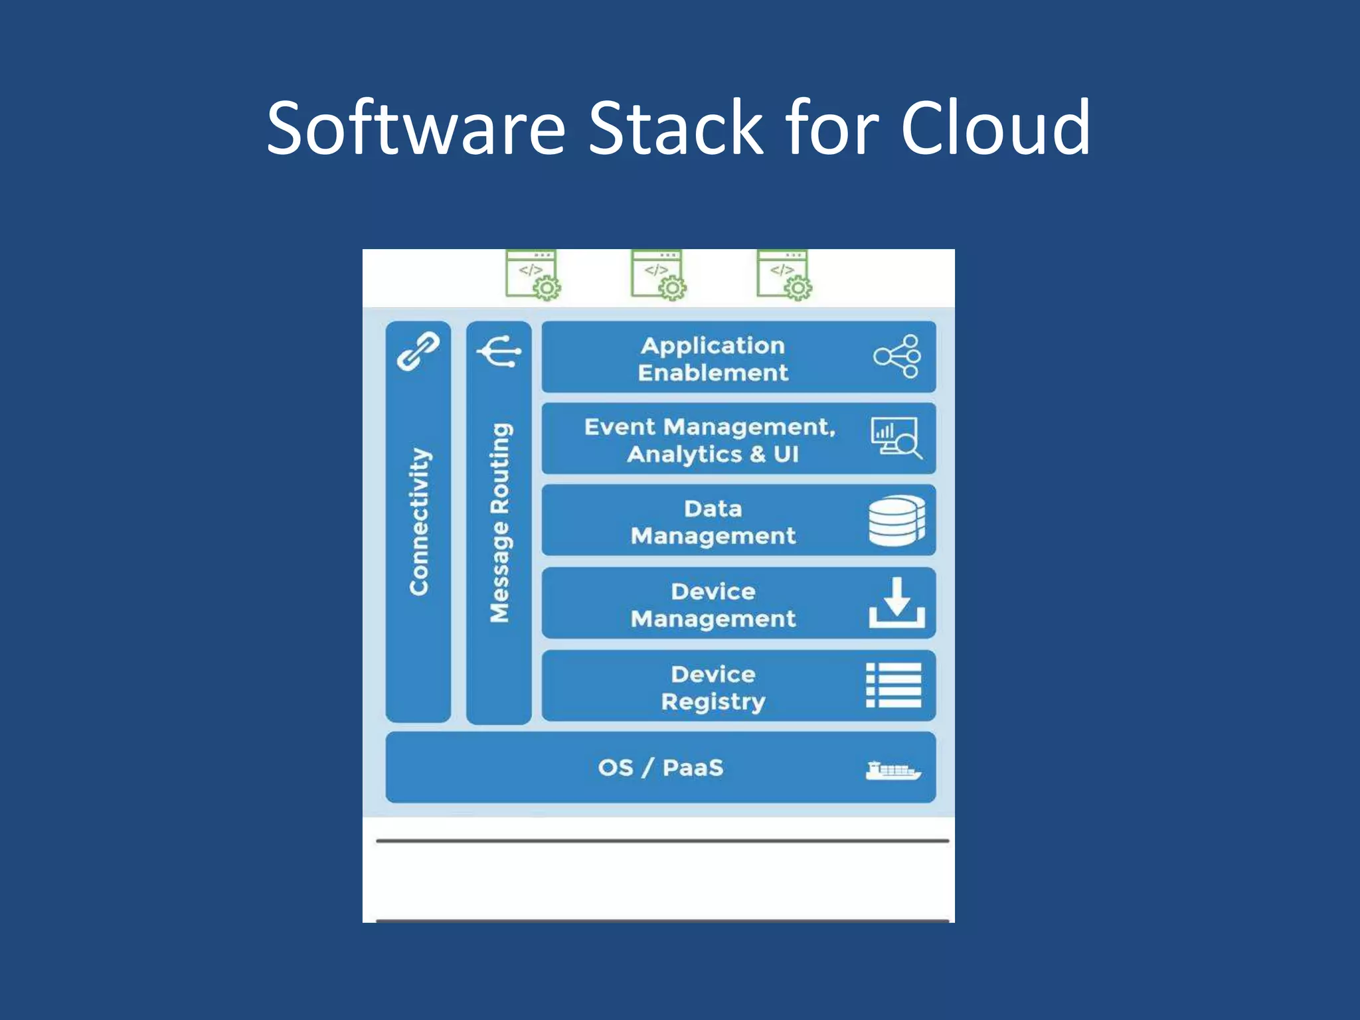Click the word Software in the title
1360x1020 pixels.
coord(416,127)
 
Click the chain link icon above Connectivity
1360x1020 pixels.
coord(418,352)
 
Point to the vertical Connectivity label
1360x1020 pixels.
coord(419,521)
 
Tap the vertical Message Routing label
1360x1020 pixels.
coord(500,523)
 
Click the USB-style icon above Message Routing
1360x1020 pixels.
coord(499,351)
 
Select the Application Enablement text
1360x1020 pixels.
coord(713,359)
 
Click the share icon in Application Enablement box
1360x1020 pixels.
coord(897,357)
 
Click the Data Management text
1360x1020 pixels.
coord(713,522)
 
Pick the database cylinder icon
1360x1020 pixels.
coord(896,521)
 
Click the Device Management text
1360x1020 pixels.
coord(713,605)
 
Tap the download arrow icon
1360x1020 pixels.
coord(896,603)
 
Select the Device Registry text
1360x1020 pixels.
coord(713,688)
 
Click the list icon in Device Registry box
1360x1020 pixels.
coord(894,685)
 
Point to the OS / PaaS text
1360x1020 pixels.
coord(661,768)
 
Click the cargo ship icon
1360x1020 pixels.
coord(893,770)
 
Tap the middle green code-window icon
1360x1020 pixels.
coord(658,275)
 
